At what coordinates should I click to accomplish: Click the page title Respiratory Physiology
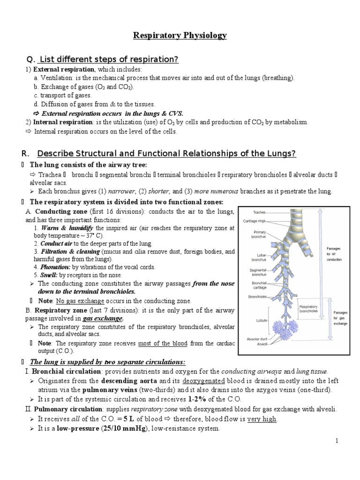tap(180, 35)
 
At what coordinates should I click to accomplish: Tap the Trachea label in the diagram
tap(259, 212)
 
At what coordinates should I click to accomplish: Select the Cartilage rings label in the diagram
tap(255, 221)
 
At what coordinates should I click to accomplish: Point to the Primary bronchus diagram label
tap(260, 234)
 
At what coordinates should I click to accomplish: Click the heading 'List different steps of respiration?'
tap(109, 59)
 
